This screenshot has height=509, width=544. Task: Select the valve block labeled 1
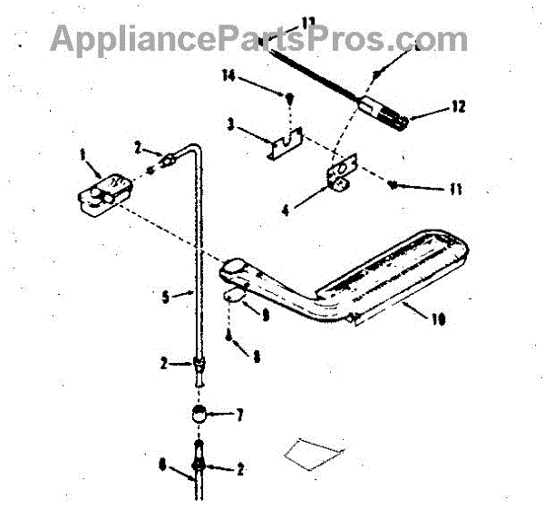pyautogui.click(x=102, y=193)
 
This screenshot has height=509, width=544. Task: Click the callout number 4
pyautogui.click(x=286, y=210)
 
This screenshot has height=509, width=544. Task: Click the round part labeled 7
pyautogui.click(x=199, y=417)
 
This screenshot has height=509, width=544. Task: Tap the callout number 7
pyautogui.click(x=239, y=416)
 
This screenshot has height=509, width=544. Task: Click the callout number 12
pyautogui.click(x=458, y=107)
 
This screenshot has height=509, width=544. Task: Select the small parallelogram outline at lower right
pyautogui.click(x=314, y=451)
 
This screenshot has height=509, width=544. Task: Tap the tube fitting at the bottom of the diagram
pyautogui.click(x=199, y=468)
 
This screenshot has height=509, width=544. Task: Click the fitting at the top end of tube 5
pyautogui.click(x=168, y=161)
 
